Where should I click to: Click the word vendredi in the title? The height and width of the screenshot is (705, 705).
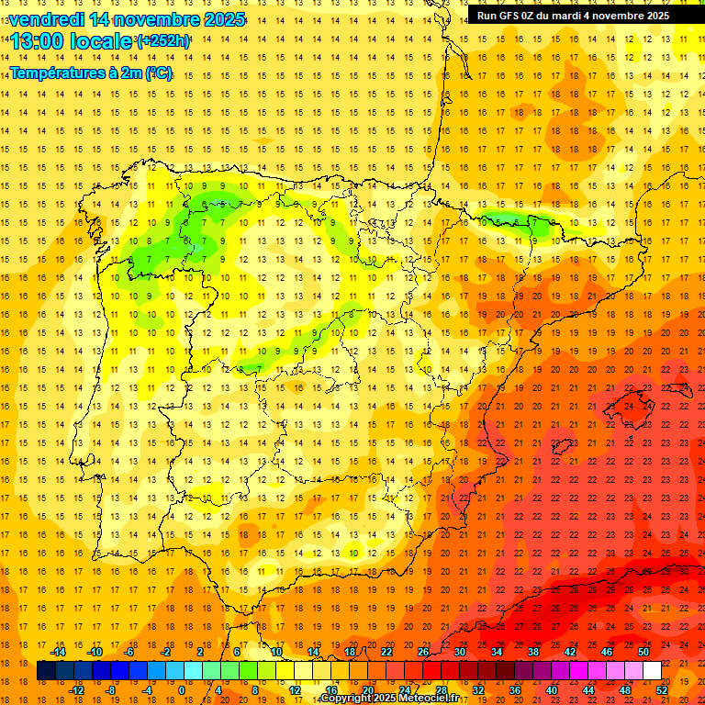[45, 19]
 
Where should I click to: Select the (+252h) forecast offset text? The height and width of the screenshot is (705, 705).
[163, 41]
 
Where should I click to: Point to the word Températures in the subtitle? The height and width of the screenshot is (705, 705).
[57, 73]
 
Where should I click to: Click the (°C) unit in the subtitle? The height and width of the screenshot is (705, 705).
[158, 73]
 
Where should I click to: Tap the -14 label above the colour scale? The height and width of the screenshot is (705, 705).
[59, 652]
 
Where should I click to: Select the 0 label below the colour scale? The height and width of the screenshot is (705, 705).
[181, 690]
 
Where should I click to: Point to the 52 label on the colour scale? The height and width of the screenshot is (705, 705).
[662, 690]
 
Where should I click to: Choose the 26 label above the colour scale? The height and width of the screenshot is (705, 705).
[423, 652]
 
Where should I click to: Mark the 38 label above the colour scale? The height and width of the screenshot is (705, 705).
[533, 652]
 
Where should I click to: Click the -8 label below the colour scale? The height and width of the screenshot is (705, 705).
[112, 690]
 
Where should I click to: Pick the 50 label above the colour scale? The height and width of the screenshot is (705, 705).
[643, 652]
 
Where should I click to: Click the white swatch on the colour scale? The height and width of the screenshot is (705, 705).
[652, 671]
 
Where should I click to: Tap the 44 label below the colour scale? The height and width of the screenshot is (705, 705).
[588, 690]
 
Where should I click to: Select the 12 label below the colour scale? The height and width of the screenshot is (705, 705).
[295, 690]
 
